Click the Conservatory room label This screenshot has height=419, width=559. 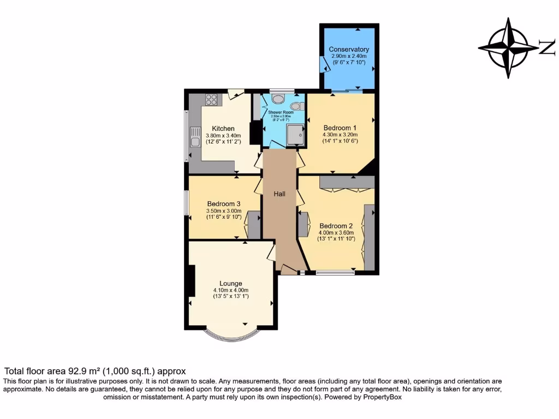(348, 50)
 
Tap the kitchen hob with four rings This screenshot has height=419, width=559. (211, 100)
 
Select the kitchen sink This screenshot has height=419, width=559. (195, 137)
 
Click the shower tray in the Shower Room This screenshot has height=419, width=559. (295, 134)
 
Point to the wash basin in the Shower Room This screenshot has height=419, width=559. (278, 99)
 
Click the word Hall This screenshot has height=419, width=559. (279, 194)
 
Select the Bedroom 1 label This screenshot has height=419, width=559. (340, 128)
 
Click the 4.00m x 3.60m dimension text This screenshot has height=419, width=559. (336, 232)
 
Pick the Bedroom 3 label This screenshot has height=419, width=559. (223, 204)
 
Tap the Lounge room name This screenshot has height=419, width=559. (231, 283)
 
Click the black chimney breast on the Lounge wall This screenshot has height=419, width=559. (191, 281)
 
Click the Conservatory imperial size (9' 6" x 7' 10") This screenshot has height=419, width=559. (348, 63)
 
